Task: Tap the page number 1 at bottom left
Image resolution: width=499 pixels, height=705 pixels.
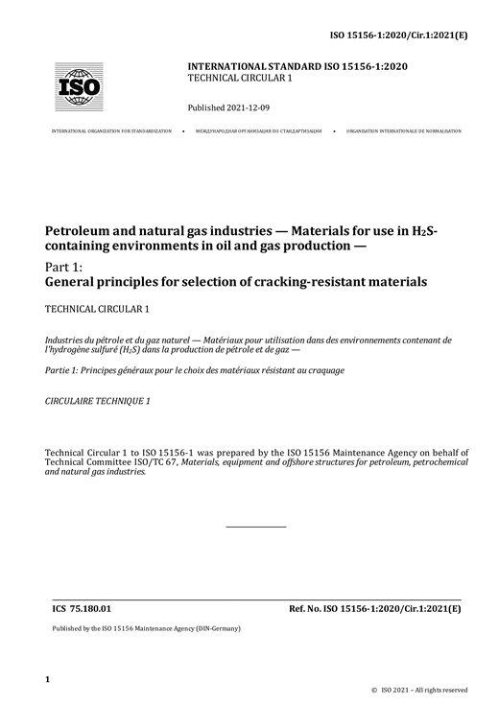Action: (x=47, y=679)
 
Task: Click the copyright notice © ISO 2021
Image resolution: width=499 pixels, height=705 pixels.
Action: (x=420, y=690)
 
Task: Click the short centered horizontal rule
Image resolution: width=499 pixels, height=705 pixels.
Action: (x=255, y=526)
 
